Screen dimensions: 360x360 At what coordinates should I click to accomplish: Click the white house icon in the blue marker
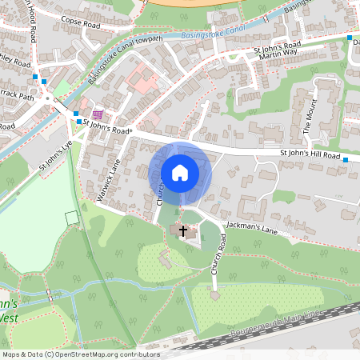click(x=180, y=173)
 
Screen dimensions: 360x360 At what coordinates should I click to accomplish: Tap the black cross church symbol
click(x=183, y=232)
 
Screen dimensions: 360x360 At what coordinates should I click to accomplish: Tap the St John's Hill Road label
click(x=310, y=154)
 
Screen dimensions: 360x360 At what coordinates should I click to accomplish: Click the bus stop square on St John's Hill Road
click(x=346, y=160)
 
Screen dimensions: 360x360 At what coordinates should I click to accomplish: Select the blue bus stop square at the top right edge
click(x=349, y=38)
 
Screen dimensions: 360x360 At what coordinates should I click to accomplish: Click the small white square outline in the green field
click(x=72, y=217)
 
